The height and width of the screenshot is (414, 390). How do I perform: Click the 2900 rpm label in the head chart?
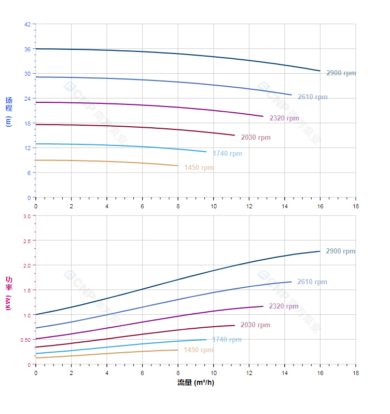pyautogui.click(x=341, y=73)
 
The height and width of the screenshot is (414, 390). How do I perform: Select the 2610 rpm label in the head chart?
pyautogui.click(x=312, y=97)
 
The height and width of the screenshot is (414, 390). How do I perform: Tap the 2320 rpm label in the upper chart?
pyautogui.click(x=284, y=118)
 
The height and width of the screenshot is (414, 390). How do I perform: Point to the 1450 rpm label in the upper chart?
pyautogui.click(x=199, y=168)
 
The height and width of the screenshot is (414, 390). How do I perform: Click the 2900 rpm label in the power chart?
pyautogui.click(x=340, y=251)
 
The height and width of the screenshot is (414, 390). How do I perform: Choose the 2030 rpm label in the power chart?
pyautogui.click(x=255, y=325)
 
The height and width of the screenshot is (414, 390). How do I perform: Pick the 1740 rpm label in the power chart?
pyautogui.click(x=227, y=340)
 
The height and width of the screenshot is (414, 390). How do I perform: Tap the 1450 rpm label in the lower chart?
pyautogui.click(x=198, y=350)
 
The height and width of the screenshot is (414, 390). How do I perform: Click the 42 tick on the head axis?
pyautogui.click(x=27, y=24)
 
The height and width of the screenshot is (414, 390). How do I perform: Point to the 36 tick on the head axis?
pyautogui.click(x=27, y=49)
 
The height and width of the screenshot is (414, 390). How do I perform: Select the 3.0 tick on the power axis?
pyautogui.click(x=26, y=216)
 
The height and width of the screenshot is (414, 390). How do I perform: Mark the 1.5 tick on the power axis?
pyautogui.click(x=26, y=290)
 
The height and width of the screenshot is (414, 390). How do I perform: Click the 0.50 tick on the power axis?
pyautogui.click(x=25, y=340)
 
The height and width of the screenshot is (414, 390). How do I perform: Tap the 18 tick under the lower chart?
pyautogui.click(x=356, y=373)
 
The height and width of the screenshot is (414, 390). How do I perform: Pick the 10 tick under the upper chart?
pyautogui.click(x=213, y=206)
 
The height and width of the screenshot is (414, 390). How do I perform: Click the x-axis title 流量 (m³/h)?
pyautogui.click(x=196, y=383)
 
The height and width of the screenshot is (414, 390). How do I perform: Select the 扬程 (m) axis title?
pyautogui.click(x=8, y=112)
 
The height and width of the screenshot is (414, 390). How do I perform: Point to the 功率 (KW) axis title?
pyautogui.click(x=8, y=293)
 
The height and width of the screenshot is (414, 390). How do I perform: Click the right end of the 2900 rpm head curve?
pyautogui.click(x=320, y=71)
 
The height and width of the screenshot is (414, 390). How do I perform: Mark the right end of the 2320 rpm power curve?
pyautogui.click(x=263, y=306)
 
